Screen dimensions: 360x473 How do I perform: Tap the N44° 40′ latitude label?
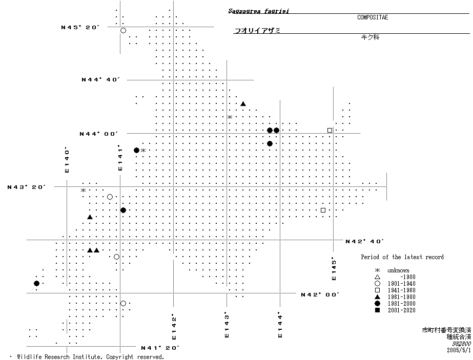100,80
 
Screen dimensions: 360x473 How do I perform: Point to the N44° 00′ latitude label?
98,134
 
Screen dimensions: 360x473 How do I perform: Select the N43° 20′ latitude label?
27,187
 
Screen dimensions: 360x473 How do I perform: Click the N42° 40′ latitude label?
365,241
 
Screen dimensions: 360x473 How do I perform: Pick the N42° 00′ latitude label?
320,294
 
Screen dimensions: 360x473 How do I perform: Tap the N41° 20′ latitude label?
160,348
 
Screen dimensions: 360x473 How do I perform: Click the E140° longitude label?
67,160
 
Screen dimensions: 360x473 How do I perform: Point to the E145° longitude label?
334,268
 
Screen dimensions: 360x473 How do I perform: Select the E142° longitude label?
174,327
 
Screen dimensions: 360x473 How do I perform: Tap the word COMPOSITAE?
373,17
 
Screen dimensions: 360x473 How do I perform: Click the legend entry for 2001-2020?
401,310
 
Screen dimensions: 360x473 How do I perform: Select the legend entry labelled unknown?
398,270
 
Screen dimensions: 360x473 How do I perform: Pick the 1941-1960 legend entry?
401,290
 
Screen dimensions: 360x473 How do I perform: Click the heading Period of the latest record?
402,257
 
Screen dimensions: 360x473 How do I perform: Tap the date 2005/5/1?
459,351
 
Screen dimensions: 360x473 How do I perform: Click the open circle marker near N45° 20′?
123,31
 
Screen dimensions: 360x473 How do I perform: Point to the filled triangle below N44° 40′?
243,104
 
